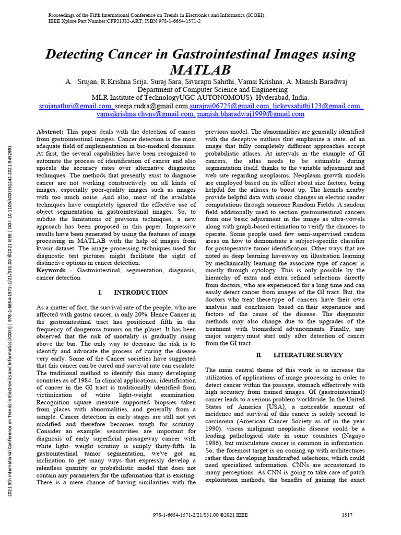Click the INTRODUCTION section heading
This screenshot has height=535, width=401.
(140, 293)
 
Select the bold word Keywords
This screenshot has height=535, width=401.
(54, 271)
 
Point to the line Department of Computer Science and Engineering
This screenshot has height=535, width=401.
(200, 90)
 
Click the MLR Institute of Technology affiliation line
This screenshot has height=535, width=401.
(200, 98)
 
